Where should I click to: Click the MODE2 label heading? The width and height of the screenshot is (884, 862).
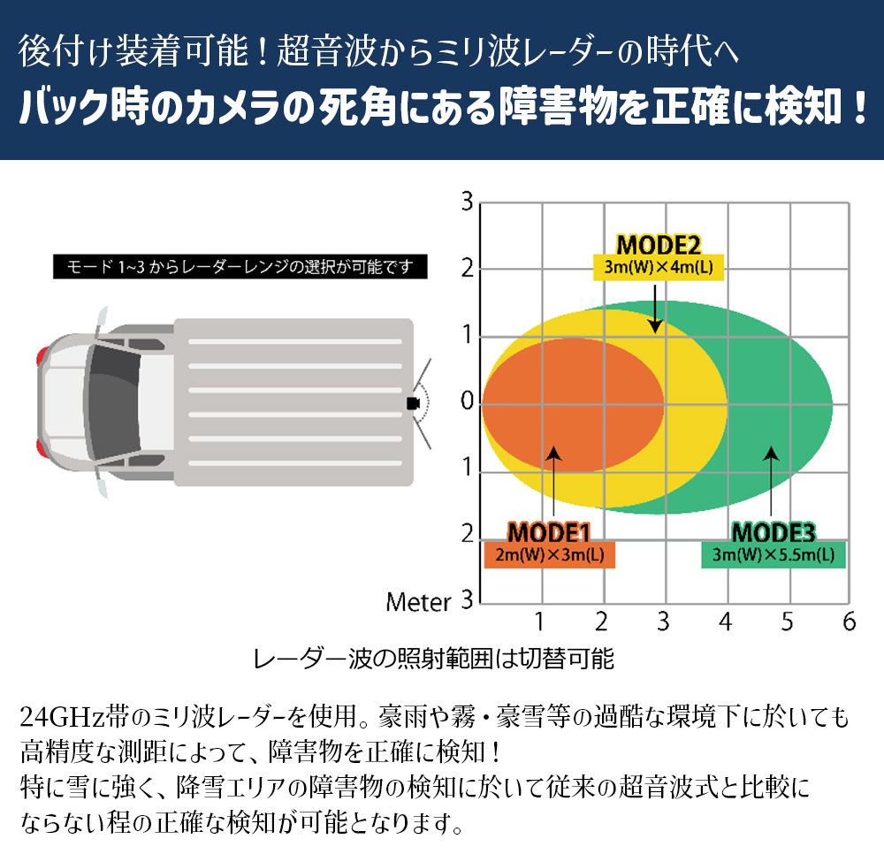[x=658, y=244]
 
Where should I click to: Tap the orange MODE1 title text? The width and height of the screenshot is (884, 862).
[x=548, y=532]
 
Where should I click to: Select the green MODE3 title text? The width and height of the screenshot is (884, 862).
[x=773, y=532]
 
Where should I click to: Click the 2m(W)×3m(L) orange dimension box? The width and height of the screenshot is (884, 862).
[x=549, y=555]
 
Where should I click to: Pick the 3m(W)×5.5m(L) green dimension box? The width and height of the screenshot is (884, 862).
[x=773, y=555]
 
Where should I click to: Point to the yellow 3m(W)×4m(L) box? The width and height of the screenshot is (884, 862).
[x=658, y=268]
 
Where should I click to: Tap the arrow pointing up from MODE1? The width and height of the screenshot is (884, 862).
[x=553, y=482]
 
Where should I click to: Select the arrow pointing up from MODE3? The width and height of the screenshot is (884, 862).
[x=772, y=482]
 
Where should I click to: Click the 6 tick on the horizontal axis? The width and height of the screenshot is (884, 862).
[x=850, y=622]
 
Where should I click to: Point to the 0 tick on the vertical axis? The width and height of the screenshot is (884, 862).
[x=466, y=405]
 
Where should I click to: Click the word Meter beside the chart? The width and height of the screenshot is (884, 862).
[x=418, y=603]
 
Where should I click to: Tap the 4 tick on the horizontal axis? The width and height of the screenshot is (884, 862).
[x=726, y=622]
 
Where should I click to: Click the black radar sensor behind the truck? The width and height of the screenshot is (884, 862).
[x=412, y=403]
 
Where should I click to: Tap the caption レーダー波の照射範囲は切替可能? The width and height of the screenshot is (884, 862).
[x=433, y=659]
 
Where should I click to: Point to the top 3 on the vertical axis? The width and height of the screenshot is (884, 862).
[x=466, y=202]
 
